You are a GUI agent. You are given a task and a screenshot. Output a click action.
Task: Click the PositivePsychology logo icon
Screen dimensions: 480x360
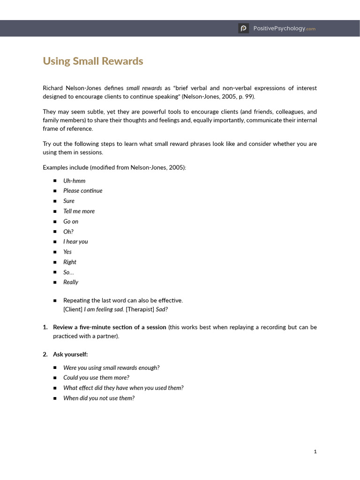(x=243, y=29)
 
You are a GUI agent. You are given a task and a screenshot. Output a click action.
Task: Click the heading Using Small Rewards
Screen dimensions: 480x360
(x=93, y=61)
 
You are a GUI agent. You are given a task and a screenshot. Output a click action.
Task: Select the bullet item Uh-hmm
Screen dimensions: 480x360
(x=74, y=180)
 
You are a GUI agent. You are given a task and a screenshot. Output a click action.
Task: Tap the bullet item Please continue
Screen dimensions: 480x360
(x=82, y=191)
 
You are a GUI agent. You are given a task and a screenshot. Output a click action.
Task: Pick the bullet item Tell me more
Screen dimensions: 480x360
(x=79, y=211)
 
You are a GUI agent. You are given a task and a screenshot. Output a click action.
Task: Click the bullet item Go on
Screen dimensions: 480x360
(x=71, y=221)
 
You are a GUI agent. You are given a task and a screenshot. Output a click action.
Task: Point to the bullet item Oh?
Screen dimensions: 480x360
(x=68, y=232)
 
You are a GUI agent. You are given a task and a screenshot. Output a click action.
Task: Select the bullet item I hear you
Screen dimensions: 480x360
(x=75, y=241)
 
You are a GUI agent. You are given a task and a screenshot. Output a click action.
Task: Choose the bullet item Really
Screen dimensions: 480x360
(x=71, y=282)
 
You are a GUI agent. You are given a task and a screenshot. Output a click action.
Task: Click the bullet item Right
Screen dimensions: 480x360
(x=70, y=262)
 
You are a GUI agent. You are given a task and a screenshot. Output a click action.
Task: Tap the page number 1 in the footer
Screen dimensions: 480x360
(x=315, y=451)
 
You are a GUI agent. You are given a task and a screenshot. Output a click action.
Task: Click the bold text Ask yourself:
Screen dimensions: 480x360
(x=70, y=354)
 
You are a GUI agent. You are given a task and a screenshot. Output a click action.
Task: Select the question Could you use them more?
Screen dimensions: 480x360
(x=96, y=377)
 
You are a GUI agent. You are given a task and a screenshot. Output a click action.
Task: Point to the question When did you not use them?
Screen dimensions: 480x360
(x=99, y=398)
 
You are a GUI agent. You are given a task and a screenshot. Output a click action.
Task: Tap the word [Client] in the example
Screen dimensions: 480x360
(x=73, y=309)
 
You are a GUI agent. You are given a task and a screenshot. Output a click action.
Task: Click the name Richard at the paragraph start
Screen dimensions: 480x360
(x=52, y=88)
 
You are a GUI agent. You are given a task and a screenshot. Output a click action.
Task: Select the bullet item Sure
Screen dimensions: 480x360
(x=69, y=201)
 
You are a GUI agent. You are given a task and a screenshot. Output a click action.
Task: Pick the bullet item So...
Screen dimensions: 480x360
(x=68, y=272)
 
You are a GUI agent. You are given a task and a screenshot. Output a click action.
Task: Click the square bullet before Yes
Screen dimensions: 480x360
(x=55, y=252)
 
